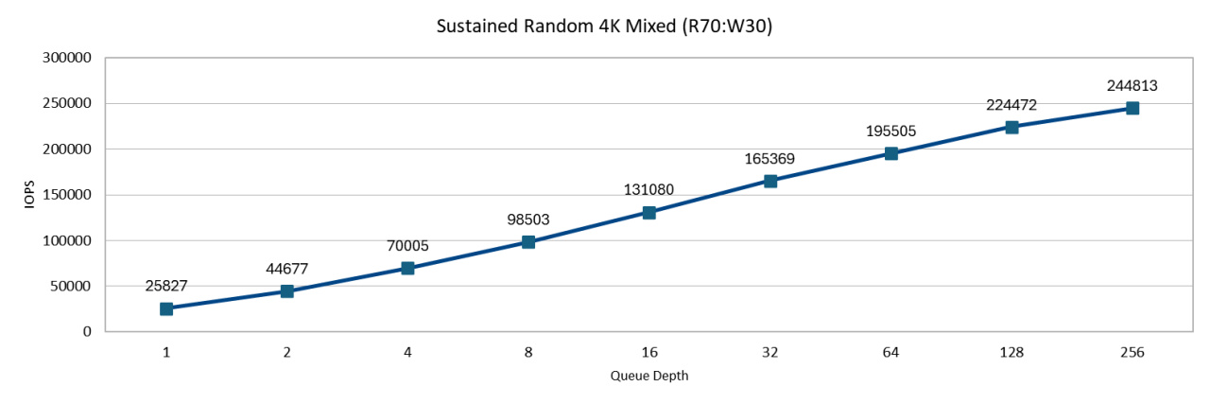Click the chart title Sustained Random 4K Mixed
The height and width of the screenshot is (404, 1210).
[x=604, y=27]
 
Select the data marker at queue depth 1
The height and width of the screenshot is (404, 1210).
[x=166, y=308]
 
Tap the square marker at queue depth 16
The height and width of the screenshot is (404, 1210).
[x=649, y=213]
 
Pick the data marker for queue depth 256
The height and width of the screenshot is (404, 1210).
[x=1132, y=109]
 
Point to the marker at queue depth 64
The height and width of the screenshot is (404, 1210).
[x=890, y=153]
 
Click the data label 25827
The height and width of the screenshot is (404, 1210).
[x=166, y=285]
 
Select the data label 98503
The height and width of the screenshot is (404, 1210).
[x=528, y=220]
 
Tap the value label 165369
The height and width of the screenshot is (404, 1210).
[x=770, y=158]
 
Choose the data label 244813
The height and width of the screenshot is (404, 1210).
[x=1132, y=85]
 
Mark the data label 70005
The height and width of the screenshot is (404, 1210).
[x=407, y=246]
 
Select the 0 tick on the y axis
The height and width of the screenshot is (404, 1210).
[x=85, y=332]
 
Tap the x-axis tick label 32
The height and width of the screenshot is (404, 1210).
[x=770, y=353]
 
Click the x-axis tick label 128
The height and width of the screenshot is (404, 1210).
[x=1011, y=353]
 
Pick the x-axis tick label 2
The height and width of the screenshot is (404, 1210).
[x=286, y=353]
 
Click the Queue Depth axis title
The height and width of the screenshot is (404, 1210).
[x=649, y=377]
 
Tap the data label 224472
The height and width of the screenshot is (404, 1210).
[x=1011, y=105]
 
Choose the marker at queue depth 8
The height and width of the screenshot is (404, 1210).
[x=528, y=242]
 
